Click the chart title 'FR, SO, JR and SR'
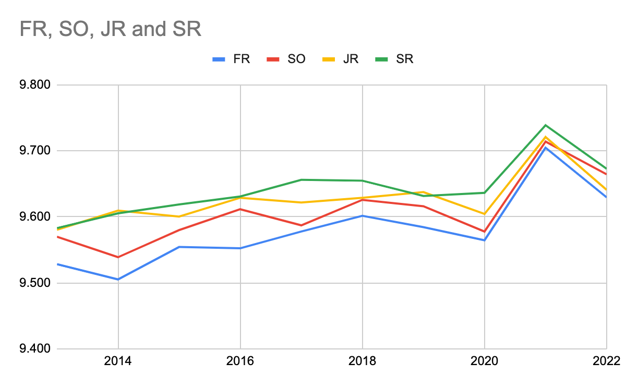pos(110,29)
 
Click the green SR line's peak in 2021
pos(546,125)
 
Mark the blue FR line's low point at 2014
pos(118,280)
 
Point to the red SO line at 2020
pos(485,232)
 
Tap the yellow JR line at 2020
pos(485,214)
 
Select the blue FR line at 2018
pos(363,215)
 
